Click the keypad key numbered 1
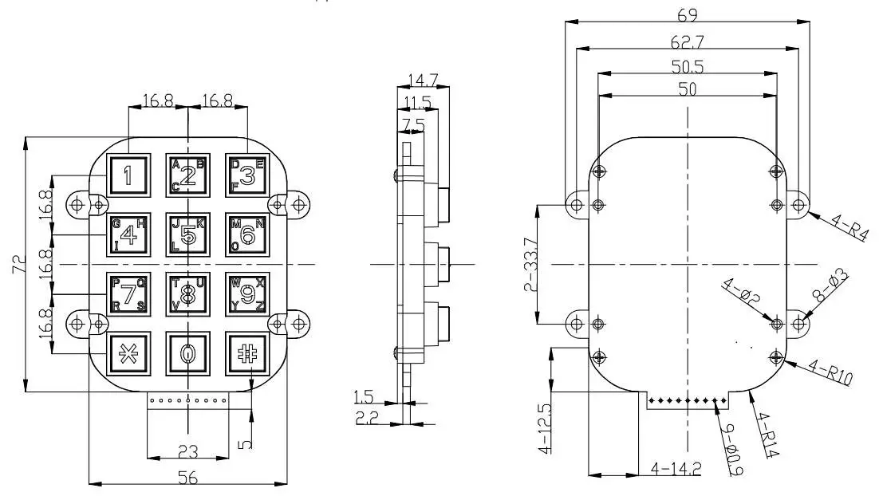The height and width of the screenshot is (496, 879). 128,174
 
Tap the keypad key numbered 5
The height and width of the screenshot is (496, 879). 187,234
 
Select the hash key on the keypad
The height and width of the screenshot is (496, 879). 246,353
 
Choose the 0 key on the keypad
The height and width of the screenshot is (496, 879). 187,353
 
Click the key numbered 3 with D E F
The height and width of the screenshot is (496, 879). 246,175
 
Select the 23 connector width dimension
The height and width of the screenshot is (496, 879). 187,451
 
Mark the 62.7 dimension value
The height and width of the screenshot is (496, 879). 687,41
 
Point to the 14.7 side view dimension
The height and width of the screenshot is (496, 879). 422,80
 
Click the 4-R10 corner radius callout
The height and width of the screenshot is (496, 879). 830,372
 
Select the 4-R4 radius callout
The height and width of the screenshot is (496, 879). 845,229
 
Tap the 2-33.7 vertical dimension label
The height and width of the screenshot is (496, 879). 529,264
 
